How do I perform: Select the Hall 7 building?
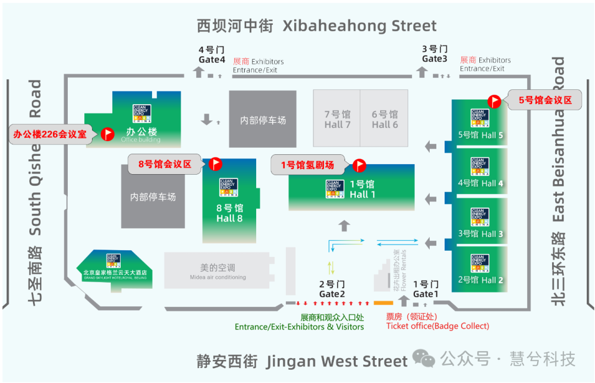click(x=337, y=119)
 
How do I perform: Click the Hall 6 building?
click(x=385, y=119)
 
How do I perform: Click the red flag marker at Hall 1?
click(x=359, y=165)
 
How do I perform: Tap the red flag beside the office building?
click(x=106, y=133)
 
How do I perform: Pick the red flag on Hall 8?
click(x=215, y=164)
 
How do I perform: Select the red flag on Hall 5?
click(x=494, y=101)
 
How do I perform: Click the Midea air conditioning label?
click(x=218, y=272)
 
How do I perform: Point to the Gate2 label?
click(x=332, y=289)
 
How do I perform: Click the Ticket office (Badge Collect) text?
click(x=437, y=326)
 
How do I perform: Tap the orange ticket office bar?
click(x=383, y=303)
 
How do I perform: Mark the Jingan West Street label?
click(x=302, y=362)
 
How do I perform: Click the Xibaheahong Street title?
click(x=317, y=25)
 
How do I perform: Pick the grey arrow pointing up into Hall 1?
click(x=344, y=225)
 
